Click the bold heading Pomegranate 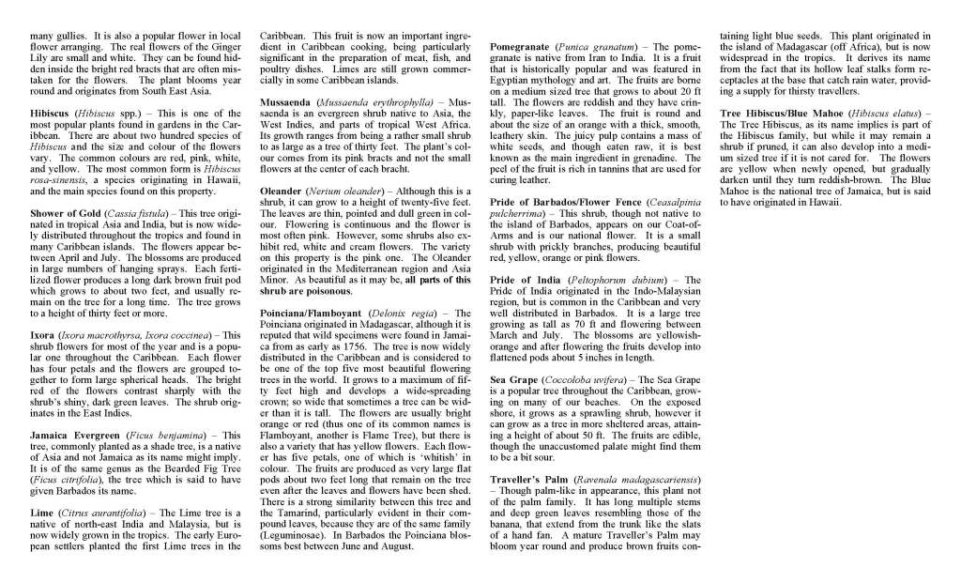coord(521,45)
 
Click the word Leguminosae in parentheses coord(295,534)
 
